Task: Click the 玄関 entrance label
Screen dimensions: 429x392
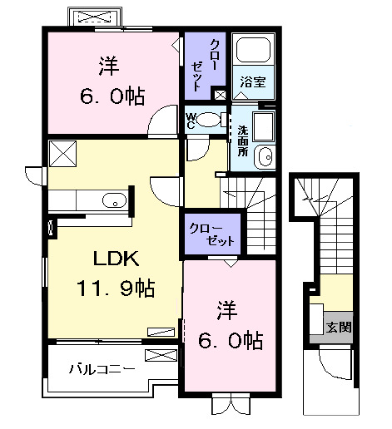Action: (x=338, y=326)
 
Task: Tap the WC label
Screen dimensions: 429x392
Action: (x=191, y=121)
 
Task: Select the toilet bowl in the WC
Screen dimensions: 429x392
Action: (x=211, y=120)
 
